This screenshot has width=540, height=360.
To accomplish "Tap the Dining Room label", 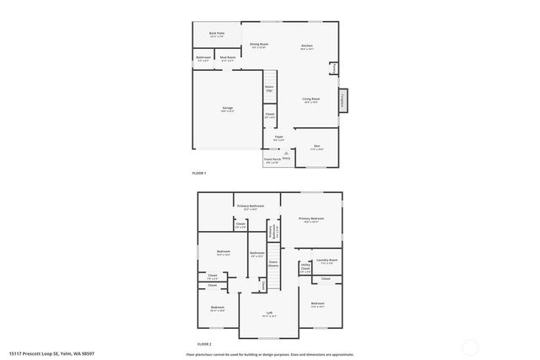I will click(259, 46).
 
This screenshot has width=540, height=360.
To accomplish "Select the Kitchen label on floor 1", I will click(307, 46).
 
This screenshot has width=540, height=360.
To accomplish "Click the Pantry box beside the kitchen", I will click(333, 67).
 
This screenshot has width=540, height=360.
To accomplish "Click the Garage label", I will click(228, 110).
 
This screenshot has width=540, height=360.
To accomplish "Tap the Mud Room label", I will click(228, 59).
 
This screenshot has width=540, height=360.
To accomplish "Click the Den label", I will click(316, 147).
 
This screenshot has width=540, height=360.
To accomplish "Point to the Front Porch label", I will click(272, 160).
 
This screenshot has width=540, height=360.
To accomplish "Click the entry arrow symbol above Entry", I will click(286, 153).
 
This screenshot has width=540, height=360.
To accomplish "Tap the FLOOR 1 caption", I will click(199, 173).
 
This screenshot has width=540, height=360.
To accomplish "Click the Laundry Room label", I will click(327, 261).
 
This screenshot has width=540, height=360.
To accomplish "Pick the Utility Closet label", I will click(305, 269).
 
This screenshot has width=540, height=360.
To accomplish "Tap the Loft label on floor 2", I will click(270, 315).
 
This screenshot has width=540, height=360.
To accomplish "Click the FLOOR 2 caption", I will click(204, 344).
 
